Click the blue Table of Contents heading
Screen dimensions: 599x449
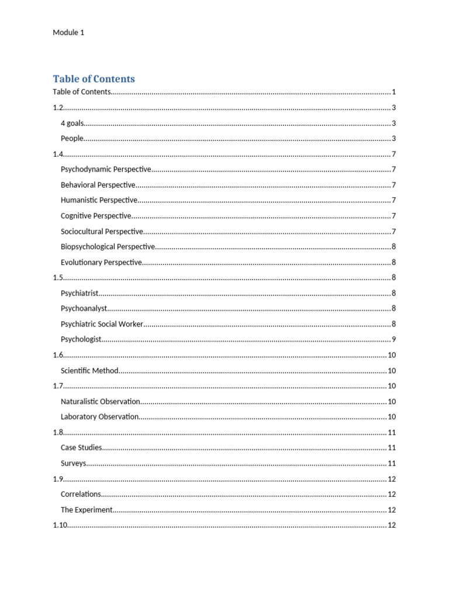[94, 79]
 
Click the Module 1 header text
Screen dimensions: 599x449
[68, 33]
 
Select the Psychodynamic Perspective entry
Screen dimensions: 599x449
[106, 170]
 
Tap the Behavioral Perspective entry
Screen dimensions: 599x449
[98, 185]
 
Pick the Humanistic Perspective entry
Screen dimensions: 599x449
[99, 200]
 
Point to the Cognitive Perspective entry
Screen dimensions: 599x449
[96, 216]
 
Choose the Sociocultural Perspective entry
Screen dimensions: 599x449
[102, 232]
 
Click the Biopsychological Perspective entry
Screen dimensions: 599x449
[108, 247]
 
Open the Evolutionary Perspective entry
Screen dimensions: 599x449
[101, 262]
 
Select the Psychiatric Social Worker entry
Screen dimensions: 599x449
[102, 324]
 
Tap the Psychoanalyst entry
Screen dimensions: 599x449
[84, 308]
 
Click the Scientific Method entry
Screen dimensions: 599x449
[89, 370]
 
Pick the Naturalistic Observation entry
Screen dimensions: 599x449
[101, 401]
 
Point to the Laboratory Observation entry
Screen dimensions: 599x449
[99, 416]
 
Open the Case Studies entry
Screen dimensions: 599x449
[81, 447]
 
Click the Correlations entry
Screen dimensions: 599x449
[81, 494]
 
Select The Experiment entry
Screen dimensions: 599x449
[87, 510]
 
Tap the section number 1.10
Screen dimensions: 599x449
[60, 525]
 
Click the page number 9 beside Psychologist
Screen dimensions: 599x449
[394, 339]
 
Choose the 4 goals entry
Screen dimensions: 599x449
[72, 123]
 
